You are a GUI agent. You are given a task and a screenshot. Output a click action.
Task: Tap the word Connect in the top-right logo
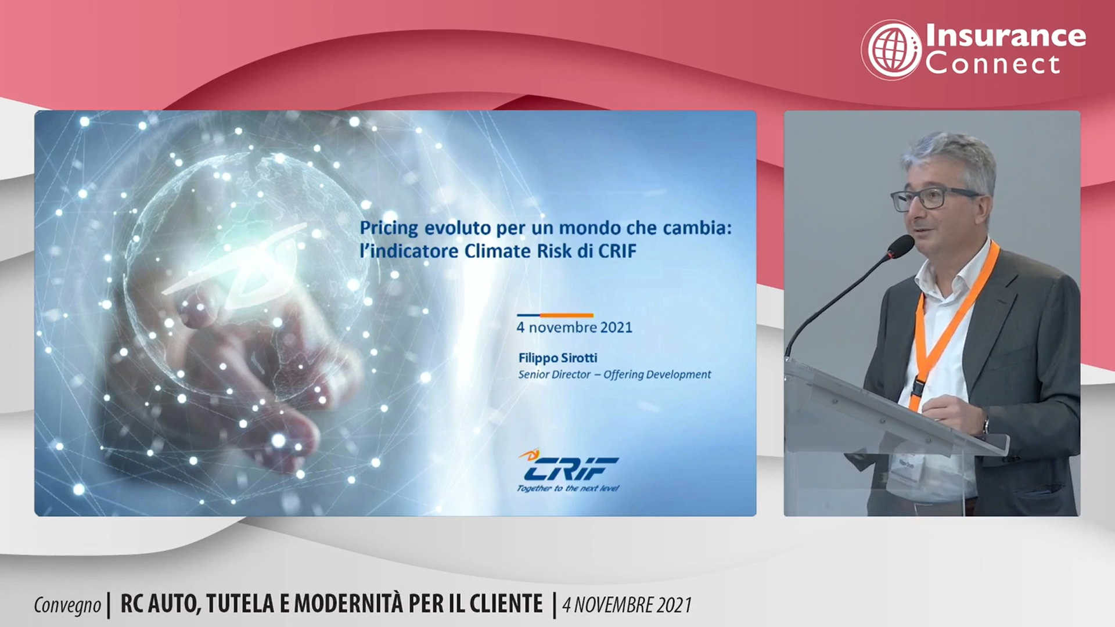tap(993, 63)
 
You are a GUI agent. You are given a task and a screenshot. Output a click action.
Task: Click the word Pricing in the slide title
tap(389, 228)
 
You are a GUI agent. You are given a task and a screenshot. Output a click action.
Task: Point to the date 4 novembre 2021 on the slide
tap(574, 327)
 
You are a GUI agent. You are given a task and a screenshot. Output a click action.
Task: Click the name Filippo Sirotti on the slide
tap(557, 358)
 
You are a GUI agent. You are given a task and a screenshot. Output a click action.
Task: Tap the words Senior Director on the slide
tap(554, 374)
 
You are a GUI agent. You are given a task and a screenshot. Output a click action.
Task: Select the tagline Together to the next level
tap(568, 488)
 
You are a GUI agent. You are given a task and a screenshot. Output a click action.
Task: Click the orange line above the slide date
tap(566, 315)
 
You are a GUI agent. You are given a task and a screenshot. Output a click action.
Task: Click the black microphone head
tap(900, 247)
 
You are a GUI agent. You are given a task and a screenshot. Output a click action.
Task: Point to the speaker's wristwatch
tap(985, 427)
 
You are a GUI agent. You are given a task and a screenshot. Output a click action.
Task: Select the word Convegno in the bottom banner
tap(67, 605)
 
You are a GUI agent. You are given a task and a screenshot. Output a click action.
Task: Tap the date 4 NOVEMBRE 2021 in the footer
tap(627, 605)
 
